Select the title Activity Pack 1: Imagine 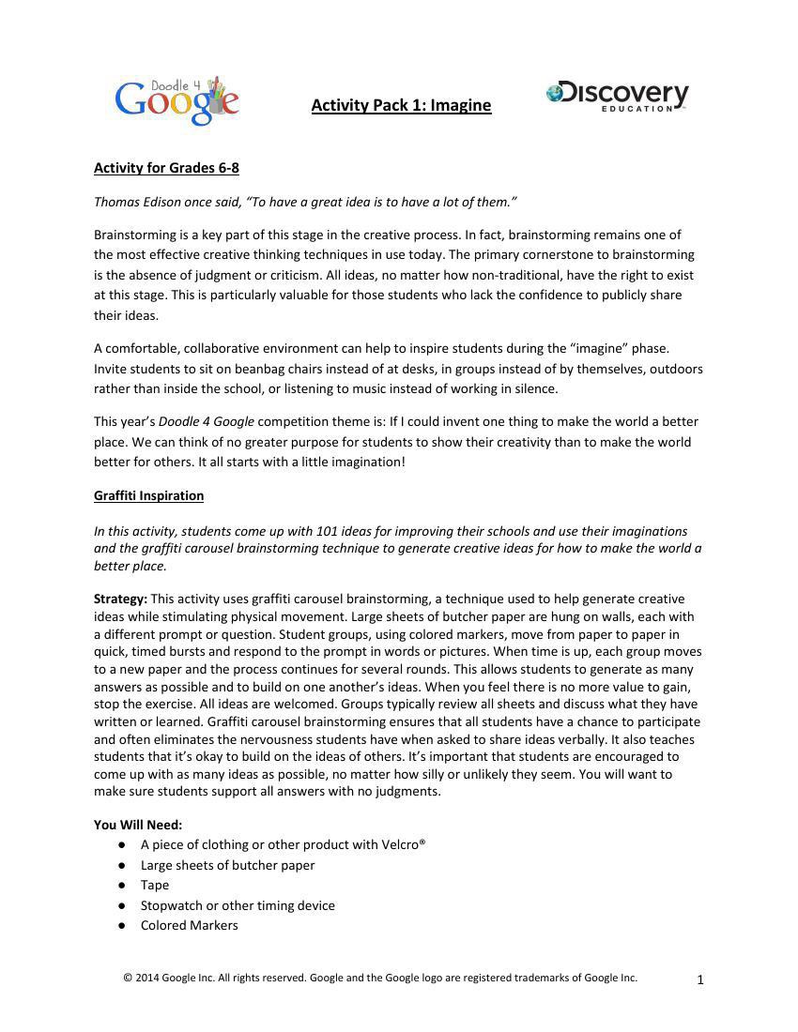tap(401, 105)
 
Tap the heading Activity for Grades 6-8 tap(166, 168)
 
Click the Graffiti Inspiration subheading tap(148, 495)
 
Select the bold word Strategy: tap(120, 599)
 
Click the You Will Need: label tap(138, 825)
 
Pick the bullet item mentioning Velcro tap(283, 844)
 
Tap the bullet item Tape tap(155, 885)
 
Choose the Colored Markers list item tap(189, 925)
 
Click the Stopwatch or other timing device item tap(238, 905)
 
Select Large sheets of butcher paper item tap(227, 865)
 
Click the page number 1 tap(700, 980)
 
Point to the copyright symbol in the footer tap(128, 978)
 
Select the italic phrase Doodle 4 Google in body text tap(206, 422)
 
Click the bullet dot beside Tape tap(122, 885)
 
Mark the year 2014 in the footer tap(147, 978)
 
